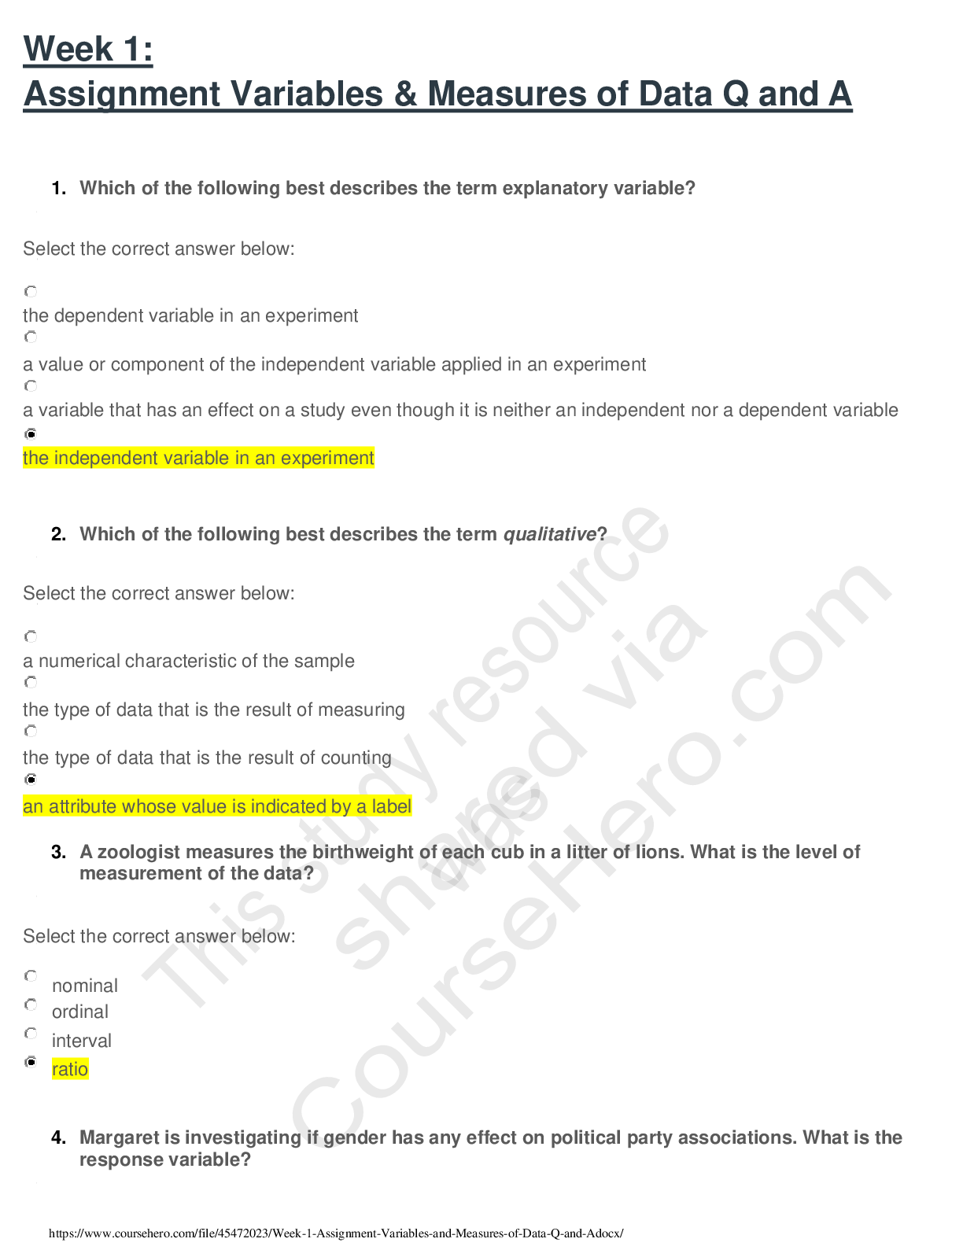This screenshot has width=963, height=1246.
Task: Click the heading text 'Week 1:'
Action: (x=88, y=49)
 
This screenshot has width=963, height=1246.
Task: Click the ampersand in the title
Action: (x=405, y=94)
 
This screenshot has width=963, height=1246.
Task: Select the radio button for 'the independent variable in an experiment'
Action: (x=31, y=433)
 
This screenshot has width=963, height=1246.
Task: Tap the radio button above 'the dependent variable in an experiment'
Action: (x=31, y=291)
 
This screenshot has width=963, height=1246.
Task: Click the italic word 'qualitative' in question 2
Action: (x=549, y=534)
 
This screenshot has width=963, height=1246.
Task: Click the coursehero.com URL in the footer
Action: (x=335, y=1233)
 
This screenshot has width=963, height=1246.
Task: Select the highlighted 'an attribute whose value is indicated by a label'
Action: (x=217, y=806)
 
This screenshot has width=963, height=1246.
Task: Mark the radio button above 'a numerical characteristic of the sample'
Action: (x=31, y=636)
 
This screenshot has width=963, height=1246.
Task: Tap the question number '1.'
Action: (x=58, y=188)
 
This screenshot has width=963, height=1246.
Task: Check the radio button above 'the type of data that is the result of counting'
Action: (x=31, y=731)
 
